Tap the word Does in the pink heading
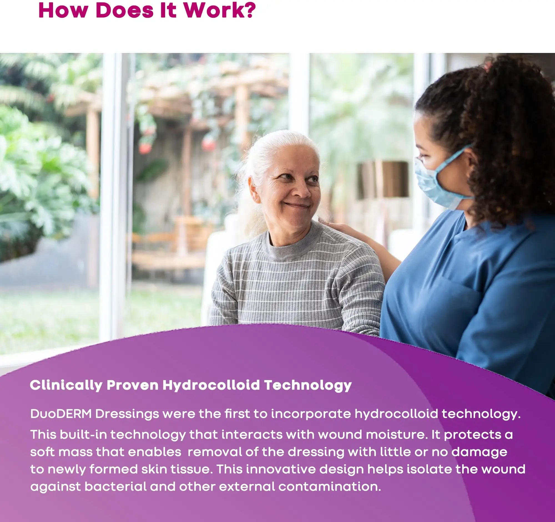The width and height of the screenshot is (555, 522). pyautogui.click(x=125, y=10)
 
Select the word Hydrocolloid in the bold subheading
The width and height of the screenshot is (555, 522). pyautogui.click(x=211, y=385)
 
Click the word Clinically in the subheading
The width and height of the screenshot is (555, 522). pyautogui.click(x=66, y=385)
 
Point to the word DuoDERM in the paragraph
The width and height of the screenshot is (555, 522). pyautogui.click(x=61, y=414)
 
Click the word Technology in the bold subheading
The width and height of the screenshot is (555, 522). pyautogui.click(x=308, y=385)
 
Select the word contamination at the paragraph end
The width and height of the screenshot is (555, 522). pyautogui.click(x=329, y=487)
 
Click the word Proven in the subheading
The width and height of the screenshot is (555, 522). pyautogui.click(x=133, y=385)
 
